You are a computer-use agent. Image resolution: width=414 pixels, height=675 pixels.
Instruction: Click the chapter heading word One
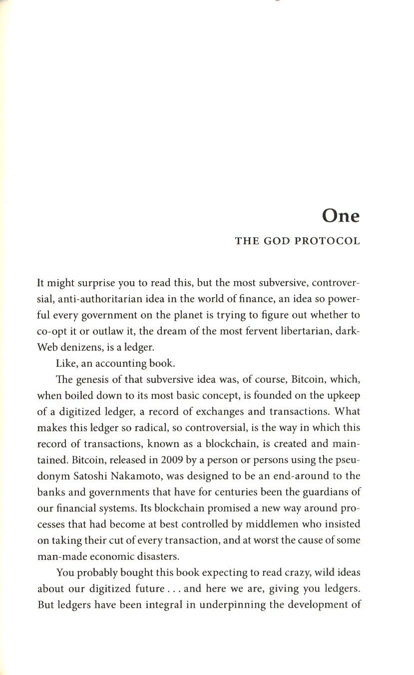(341, 215)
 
